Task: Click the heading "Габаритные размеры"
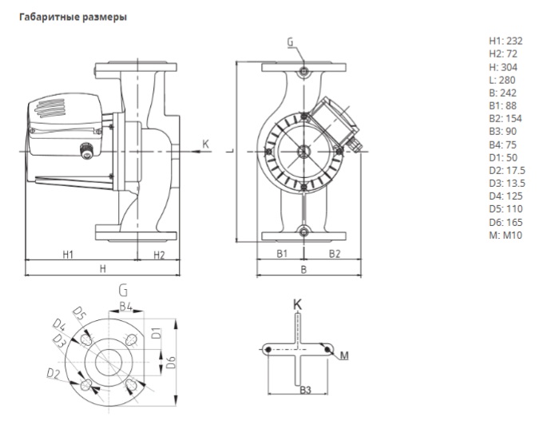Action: click(x=66, y=16)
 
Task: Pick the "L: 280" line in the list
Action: click(x=503, y=81)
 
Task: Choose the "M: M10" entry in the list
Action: click(x=505, y=236)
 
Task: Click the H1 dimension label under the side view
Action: click(x=68, y=255)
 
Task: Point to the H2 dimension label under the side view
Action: click(x=157, y=255)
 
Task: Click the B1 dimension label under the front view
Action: click(x=281, y=255)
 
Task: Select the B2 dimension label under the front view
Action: click(x=335, y=255)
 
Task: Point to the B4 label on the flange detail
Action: click(x=125, y=306)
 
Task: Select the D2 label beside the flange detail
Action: click(x=54, y=372)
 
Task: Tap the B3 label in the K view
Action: click(x=304, y=388)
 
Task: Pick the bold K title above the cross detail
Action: click(x=297, y=303)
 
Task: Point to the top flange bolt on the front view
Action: click(x=304, y=73)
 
